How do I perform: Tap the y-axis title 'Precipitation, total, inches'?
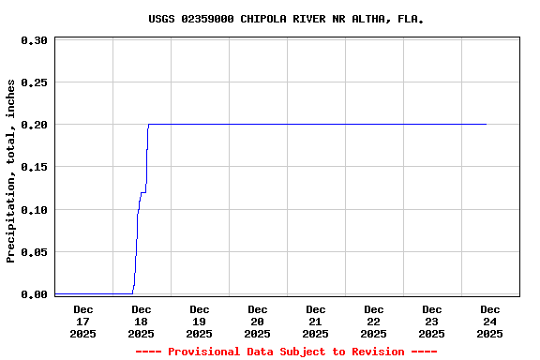pos(11,171)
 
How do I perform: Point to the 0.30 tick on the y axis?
pos(34,40)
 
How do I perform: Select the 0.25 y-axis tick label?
pos(34,82)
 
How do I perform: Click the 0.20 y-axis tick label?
pos(34,125)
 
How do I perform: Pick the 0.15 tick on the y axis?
pos(34,167)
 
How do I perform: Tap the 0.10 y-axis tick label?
pos(34,210)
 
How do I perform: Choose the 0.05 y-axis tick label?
pos(34,252)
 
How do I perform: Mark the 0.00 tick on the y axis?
pos(34,294)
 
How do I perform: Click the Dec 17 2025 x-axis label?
pos(82,321)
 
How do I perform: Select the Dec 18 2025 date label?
pos(141,321)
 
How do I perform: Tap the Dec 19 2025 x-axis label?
pos(199,321)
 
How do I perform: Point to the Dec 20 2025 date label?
pos(257,321)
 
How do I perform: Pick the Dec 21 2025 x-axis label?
pos(315,321)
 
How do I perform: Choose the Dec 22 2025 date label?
pos(373,321)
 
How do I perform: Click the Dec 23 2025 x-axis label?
pos(431,321)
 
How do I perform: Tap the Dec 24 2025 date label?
pos(489,321)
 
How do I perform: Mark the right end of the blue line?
pos(486,124)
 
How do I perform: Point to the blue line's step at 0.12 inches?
pos(143,193)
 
